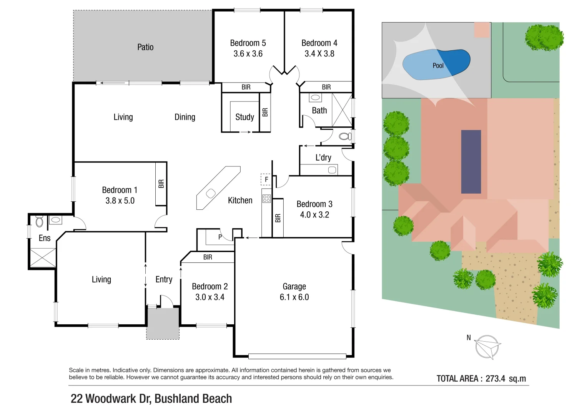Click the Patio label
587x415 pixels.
click(145, 47)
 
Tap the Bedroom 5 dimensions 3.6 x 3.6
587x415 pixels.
click(248, 54)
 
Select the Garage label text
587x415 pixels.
click(294, 286)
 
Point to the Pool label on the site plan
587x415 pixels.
click(438, 66)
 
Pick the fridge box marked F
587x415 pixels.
click(266, 179)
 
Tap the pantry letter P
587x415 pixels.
click(220, 237)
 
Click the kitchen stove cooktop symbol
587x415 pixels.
click(266, 199)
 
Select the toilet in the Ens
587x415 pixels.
click(39, 221)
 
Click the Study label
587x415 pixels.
click(244, 117)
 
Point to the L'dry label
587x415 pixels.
click(323, 158)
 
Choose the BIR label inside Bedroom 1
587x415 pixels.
click(161, 184)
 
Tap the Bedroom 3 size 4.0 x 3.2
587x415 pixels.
click(314, 215)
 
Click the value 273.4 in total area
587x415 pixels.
click(495, 378)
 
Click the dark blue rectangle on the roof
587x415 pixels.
click(471, 161)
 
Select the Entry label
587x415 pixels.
click(164, 279)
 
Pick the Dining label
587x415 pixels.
click(185, 117)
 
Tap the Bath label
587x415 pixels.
click(319, 111)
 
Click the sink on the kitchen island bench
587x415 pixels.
click(211, 193)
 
